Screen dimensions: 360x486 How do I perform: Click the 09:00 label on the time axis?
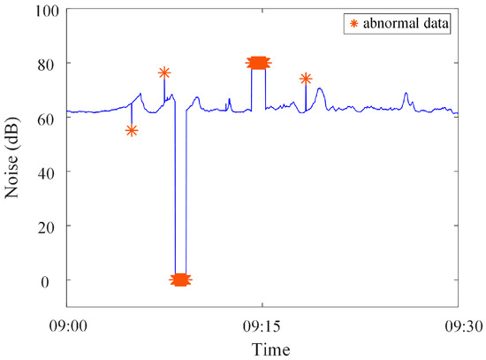(x=67, y=326)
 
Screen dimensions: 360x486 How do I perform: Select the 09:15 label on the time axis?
(x=262, y=326)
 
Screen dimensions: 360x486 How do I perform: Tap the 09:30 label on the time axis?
(x=458, y=326)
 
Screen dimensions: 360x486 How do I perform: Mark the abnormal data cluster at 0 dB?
(x=180, y=280)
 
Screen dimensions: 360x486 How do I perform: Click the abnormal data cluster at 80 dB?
(x=259, y=62)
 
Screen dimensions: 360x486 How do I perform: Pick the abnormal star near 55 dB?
(x=132, y=131)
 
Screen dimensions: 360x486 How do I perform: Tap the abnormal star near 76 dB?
(x=163, y=73)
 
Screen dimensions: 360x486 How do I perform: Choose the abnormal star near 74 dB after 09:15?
(x=306, y=79)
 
